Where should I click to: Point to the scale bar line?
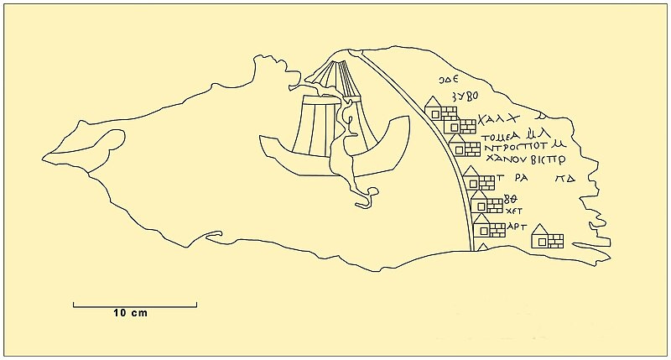[135, 303]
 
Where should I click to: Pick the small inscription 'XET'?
[511, 212]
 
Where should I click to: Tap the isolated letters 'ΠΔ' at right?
[564, 179]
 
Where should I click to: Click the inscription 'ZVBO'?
[465, 97]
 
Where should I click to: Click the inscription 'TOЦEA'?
[502, 133]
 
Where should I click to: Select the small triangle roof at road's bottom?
[482, 246]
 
